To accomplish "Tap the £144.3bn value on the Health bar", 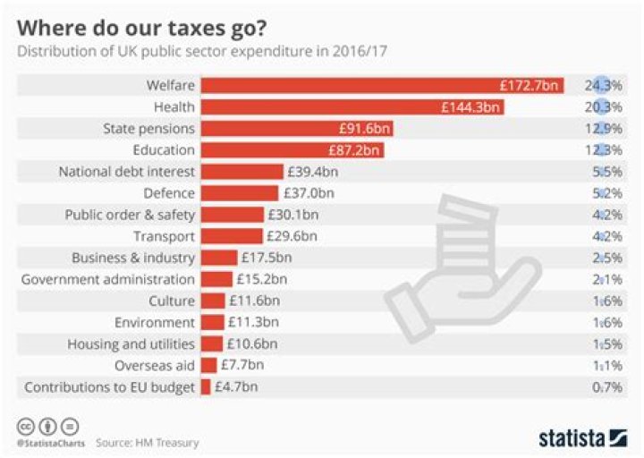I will (470, 107).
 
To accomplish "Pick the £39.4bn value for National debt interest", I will (312, 172).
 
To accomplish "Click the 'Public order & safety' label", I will (130, 215).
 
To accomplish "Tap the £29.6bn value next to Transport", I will (292, 236).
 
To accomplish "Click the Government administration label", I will (107, 279).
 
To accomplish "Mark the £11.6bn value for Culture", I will (253, 301).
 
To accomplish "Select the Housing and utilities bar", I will (212, 343).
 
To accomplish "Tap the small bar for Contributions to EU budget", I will (206, 386).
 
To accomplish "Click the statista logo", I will (582, 437).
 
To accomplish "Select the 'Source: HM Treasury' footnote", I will (148, 442).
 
